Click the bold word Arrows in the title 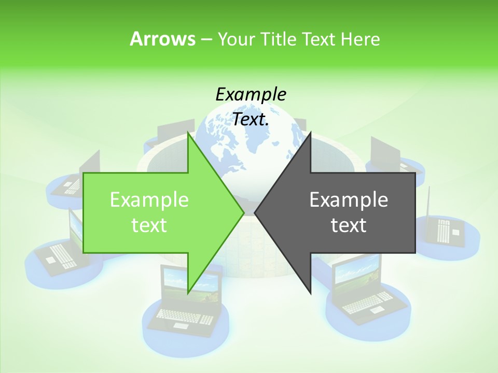[x=162, y=39]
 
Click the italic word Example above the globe [x=251, y=94]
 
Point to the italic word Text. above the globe [x=251, y=119]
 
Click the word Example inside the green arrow [x=149, y=199]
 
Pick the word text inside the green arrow [x=149, y=225]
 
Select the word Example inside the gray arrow [x=349, y=199]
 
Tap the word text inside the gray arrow [x=349, y=225]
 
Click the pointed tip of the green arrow [x=243, y=212]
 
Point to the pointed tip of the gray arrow [x=256, y=212]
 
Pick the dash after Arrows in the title [x=205, y=39]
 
